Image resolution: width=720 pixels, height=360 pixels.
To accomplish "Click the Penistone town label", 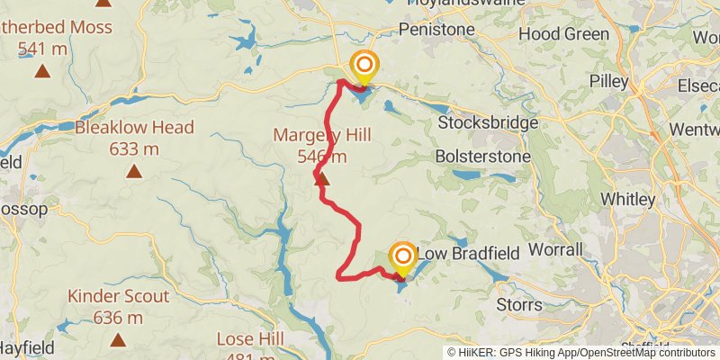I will [436, 30].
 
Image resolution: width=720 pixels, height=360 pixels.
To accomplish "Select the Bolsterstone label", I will [482, 156].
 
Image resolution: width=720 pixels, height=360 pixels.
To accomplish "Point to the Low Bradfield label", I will [468, 255].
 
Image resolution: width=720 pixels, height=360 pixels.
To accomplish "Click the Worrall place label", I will [556, 248].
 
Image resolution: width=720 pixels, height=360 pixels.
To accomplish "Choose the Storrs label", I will [519, 305].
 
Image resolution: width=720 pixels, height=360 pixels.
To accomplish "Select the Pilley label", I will [608, 81].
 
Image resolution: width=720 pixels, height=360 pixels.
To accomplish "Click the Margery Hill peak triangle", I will [322, 180].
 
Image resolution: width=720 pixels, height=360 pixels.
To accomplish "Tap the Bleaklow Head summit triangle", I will [134, 170].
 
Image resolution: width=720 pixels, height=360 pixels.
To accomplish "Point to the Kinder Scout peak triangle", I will [118, 339].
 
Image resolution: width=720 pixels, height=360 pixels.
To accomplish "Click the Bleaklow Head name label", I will [134, 128].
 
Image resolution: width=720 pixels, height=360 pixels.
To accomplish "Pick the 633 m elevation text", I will [134, 148].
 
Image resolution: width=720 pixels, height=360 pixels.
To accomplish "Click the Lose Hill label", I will [250, 339].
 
